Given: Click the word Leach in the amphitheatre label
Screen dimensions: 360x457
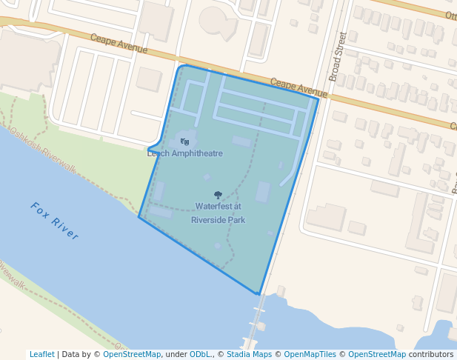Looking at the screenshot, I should [x=159, y=153].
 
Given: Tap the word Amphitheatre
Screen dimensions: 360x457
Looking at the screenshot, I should [x=196, y=153].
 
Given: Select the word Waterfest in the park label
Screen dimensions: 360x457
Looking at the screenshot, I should [x=212, y=206].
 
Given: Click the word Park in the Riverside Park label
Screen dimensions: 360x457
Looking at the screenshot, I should [x=236, y=220].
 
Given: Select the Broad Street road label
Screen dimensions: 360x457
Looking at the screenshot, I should [x=338, y=56].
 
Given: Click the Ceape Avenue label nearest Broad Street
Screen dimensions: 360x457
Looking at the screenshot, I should [x=298, y=87].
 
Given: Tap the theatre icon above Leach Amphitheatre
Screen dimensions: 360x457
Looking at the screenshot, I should [x=184, y=141].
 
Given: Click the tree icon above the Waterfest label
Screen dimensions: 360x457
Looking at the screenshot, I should [x=218, y=195].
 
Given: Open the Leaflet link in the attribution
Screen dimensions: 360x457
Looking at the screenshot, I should [x=41, y=354].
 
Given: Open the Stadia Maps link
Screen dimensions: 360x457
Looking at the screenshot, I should [x=249, y=354].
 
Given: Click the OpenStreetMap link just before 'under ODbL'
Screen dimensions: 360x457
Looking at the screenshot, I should [x=131, y=354].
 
